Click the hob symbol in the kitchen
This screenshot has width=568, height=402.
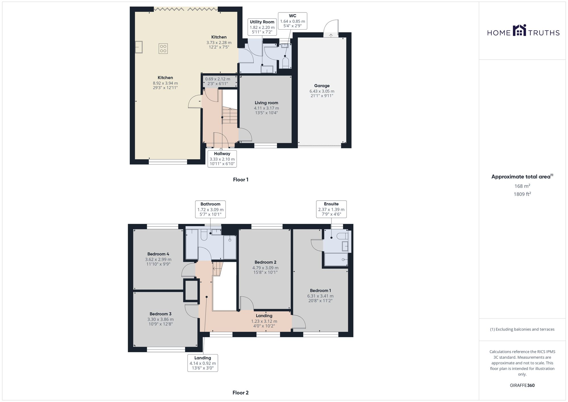click(x=163, y=49)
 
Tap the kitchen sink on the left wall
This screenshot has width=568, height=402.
click(x=139, y=47)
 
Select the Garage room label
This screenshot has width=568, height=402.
click(x=322, y=86)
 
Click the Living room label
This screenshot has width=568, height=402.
click(x=266, y=103)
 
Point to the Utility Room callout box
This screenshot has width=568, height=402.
click(x=262, y=27)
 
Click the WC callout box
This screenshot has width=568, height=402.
click(x=293, y=21)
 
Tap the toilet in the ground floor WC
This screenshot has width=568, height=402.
click(x=285, y=63)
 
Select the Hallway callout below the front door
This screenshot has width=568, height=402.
click(x=222, y=159)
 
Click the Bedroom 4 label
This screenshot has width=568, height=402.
click(x=158, y=254)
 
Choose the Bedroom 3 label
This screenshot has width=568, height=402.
click(x=160, y=314)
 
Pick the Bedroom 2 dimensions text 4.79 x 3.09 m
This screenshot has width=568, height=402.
click(x=265, y=268)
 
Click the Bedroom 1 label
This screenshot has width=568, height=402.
click(x=320, y=290)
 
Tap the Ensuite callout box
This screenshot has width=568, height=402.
click(x=331, y=209)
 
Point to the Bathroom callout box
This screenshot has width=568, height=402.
click(x=210, y=209)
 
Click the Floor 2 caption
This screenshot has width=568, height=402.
click(x=240, y=393)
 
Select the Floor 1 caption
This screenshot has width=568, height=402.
click(x=241, y=180)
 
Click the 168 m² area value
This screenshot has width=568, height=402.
click(x=522, y=186)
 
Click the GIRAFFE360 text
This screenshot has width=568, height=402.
click(x=522, y=386)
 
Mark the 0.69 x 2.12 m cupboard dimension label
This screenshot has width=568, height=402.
click(x=218, y=79)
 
